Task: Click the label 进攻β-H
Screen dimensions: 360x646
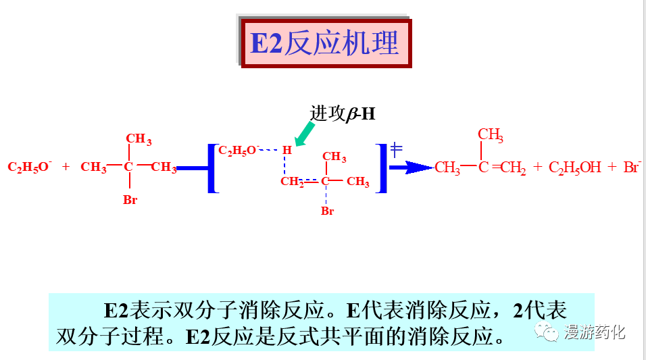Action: tap(342, 114)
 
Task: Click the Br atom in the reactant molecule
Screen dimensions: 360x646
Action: tap(130, 201)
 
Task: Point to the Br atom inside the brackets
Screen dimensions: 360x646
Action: tap(327, 211)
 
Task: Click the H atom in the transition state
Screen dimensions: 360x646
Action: tap(287, 149)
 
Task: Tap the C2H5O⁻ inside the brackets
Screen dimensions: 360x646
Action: tap(239, 151)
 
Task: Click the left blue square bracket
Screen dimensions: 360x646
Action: tap(212, 168)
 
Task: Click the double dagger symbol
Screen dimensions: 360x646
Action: tap(397, 150)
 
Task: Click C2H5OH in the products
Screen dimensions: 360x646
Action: tap(574, 168)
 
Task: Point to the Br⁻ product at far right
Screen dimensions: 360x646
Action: tap(632, 167)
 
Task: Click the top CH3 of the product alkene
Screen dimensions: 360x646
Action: tap(491, 136)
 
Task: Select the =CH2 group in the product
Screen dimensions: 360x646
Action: tap(510, 168)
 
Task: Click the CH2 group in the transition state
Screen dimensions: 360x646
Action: tap(293, 182)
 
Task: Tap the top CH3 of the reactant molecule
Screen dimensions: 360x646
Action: tap(139, 140)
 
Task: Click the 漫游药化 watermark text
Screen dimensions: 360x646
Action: tap(595, 332)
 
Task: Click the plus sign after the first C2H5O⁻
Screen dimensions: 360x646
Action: tap(66, 167)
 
